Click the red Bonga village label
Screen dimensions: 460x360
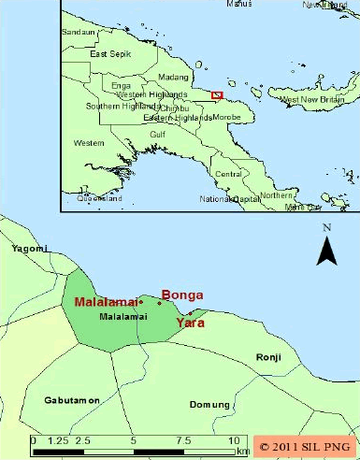(182, 293)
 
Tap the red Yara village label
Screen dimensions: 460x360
(190, 323)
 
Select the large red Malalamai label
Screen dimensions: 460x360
(105, 302)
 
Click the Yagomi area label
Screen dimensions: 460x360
(28, 249)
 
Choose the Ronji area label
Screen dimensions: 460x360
(268, 357)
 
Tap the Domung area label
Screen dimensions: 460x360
(209, 404)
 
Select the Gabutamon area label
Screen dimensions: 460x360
(71, 399)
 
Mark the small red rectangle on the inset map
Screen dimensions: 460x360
(216, 94)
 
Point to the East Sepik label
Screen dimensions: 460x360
(106, 53)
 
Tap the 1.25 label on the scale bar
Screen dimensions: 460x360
(58, 439)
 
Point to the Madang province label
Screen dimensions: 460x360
(173, 77)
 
